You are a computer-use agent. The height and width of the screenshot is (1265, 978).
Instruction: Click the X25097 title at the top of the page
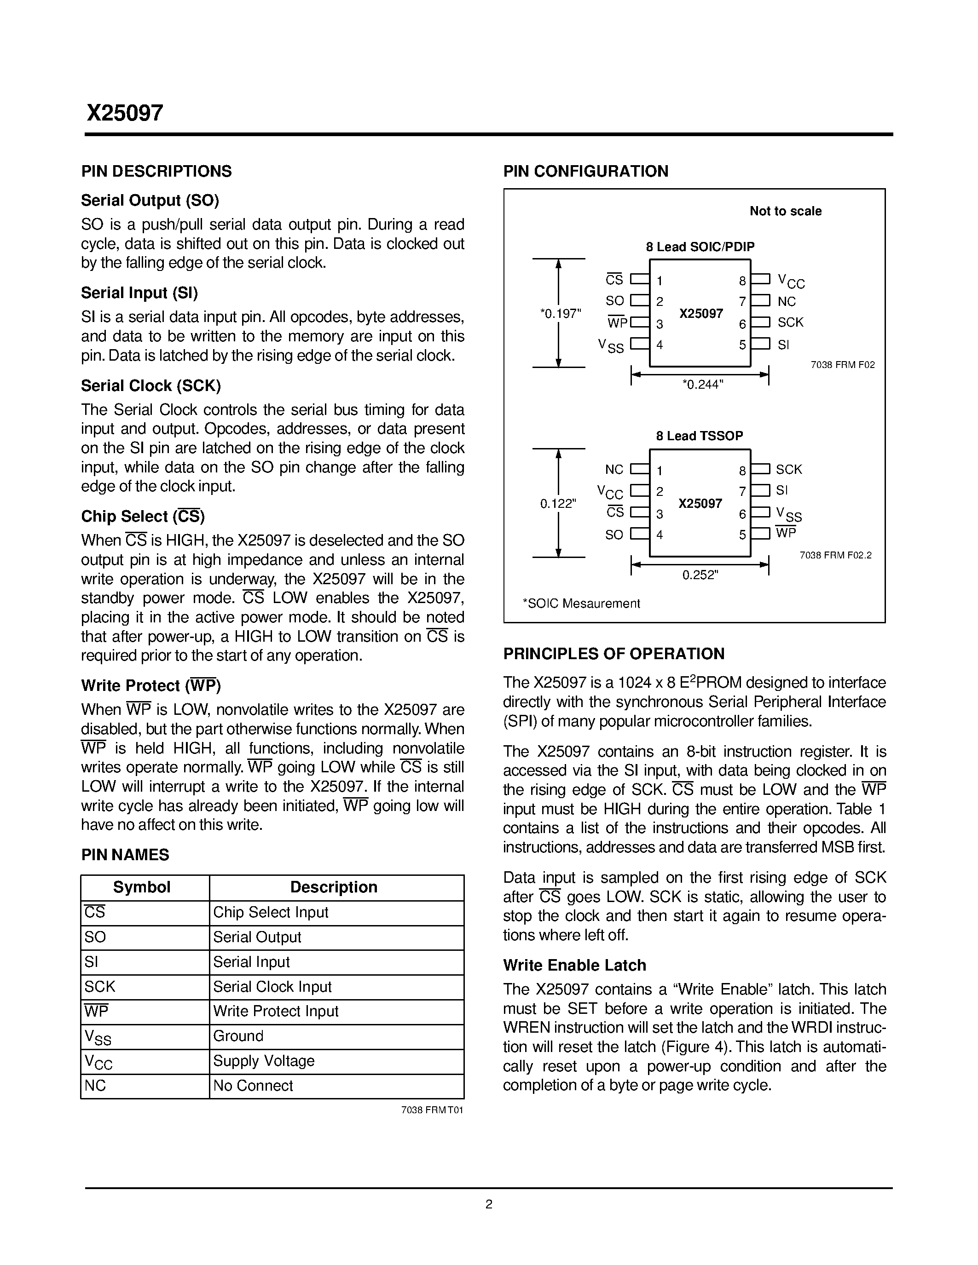(x=125, y=113)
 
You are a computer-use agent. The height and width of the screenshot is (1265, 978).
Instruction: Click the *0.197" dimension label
(x=560, y=314)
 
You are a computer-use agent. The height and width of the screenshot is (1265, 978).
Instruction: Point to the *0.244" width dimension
(x=703, y=384)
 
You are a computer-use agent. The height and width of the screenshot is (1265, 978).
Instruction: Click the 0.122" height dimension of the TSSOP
(x=557, y=504)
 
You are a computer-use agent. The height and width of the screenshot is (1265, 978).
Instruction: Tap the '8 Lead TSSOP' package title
(x=699, y=436)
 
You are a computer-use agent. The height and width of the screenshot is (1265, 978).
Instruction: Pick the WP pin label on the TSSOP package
(x=786, y=533)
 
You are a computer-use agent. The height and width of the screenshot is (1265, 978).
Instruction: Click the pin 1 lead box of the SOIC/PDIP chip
(x=640, y=279)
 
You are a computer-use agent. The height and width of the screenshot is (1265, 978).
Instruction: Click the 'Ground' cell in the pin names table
(x=238, y=1035)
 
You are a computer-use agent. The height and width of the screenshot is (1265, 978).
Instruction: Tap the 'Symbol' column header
(x=141, y=887)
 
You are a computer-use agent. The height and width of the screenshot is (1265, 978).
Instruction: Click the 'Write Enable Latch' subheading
(x=574, y=965)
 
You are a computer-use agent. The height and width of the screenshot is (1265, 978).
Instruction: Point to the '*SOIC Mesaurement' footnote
(x=581, y=604)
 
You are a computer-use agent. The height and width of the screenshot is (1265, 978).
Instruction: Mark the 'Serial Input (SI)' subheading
(x=139, y=293)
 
